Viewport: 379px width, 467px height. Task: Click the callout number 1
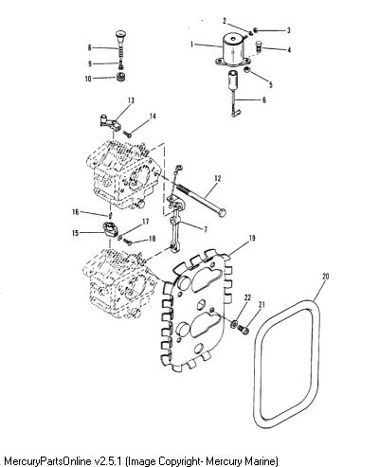click(191, 44)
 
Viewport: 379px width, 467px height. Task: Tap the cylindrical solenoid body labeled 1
click(234, 50)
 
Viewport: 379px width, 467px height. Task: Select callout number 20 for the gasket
click(326, 277)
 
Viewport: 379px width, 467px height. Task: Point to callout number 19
click(252, 238)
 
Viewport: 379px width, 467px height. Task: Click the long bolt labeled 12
click(201, 199)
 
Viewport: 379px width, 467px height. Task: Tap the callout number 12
click(217, 178)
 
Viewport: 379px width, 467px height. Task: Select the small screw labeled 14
click(128, 135)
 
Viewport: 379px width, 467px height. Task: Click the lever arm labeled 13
click(109, 123)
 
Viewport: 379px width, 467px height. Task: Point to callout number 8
click(90, 47)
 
